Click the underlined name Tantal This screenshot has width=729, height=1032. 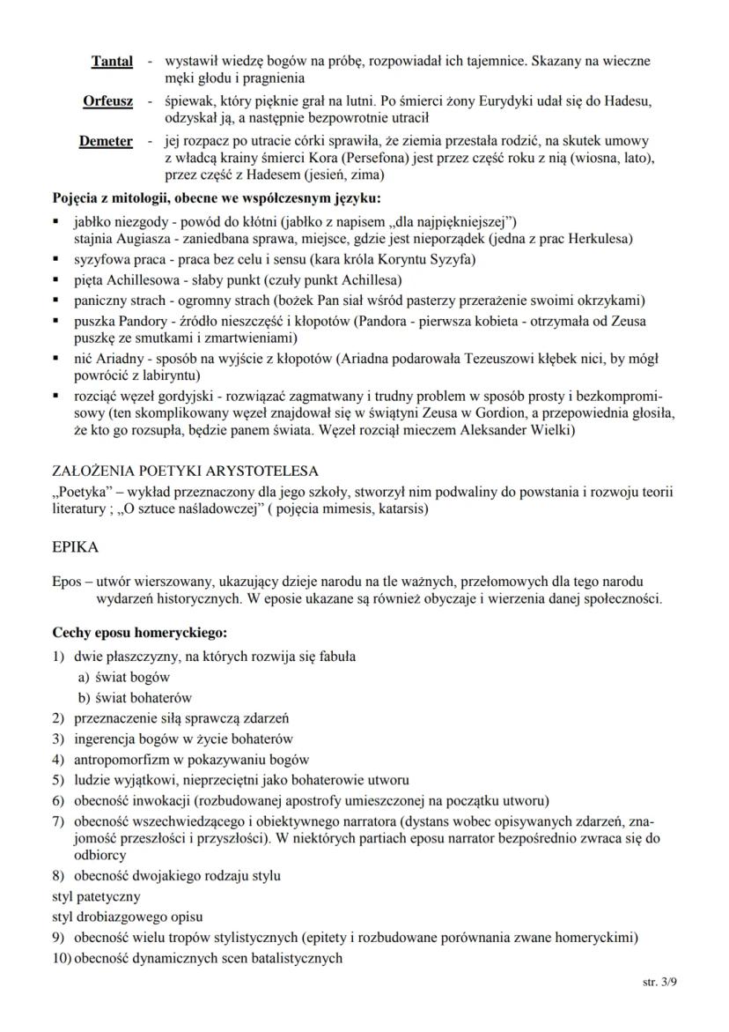pyautogui.click(x=112, y=62)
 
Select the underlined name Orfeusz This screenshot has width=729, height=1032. pyautogui.click(x=107, y=101)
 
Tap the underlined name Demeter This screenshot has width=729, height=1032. pyautogui.click(x=106, y=141)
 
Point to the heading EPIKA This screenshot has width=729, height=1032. pyautogui.click(x=76, y=546)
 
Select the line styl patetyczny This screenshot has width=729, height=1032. pyautogui.click(x=96, y=896)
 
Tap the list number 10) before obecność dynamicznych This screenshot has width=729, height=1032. pyautogui.click(x=62, y=958)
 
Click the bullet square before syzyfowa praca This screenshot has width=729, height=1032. pyautogui.click(x=57, y=259)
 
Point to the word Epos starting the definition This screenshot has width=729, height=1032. pyautogui.click(x=68, y=582)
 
